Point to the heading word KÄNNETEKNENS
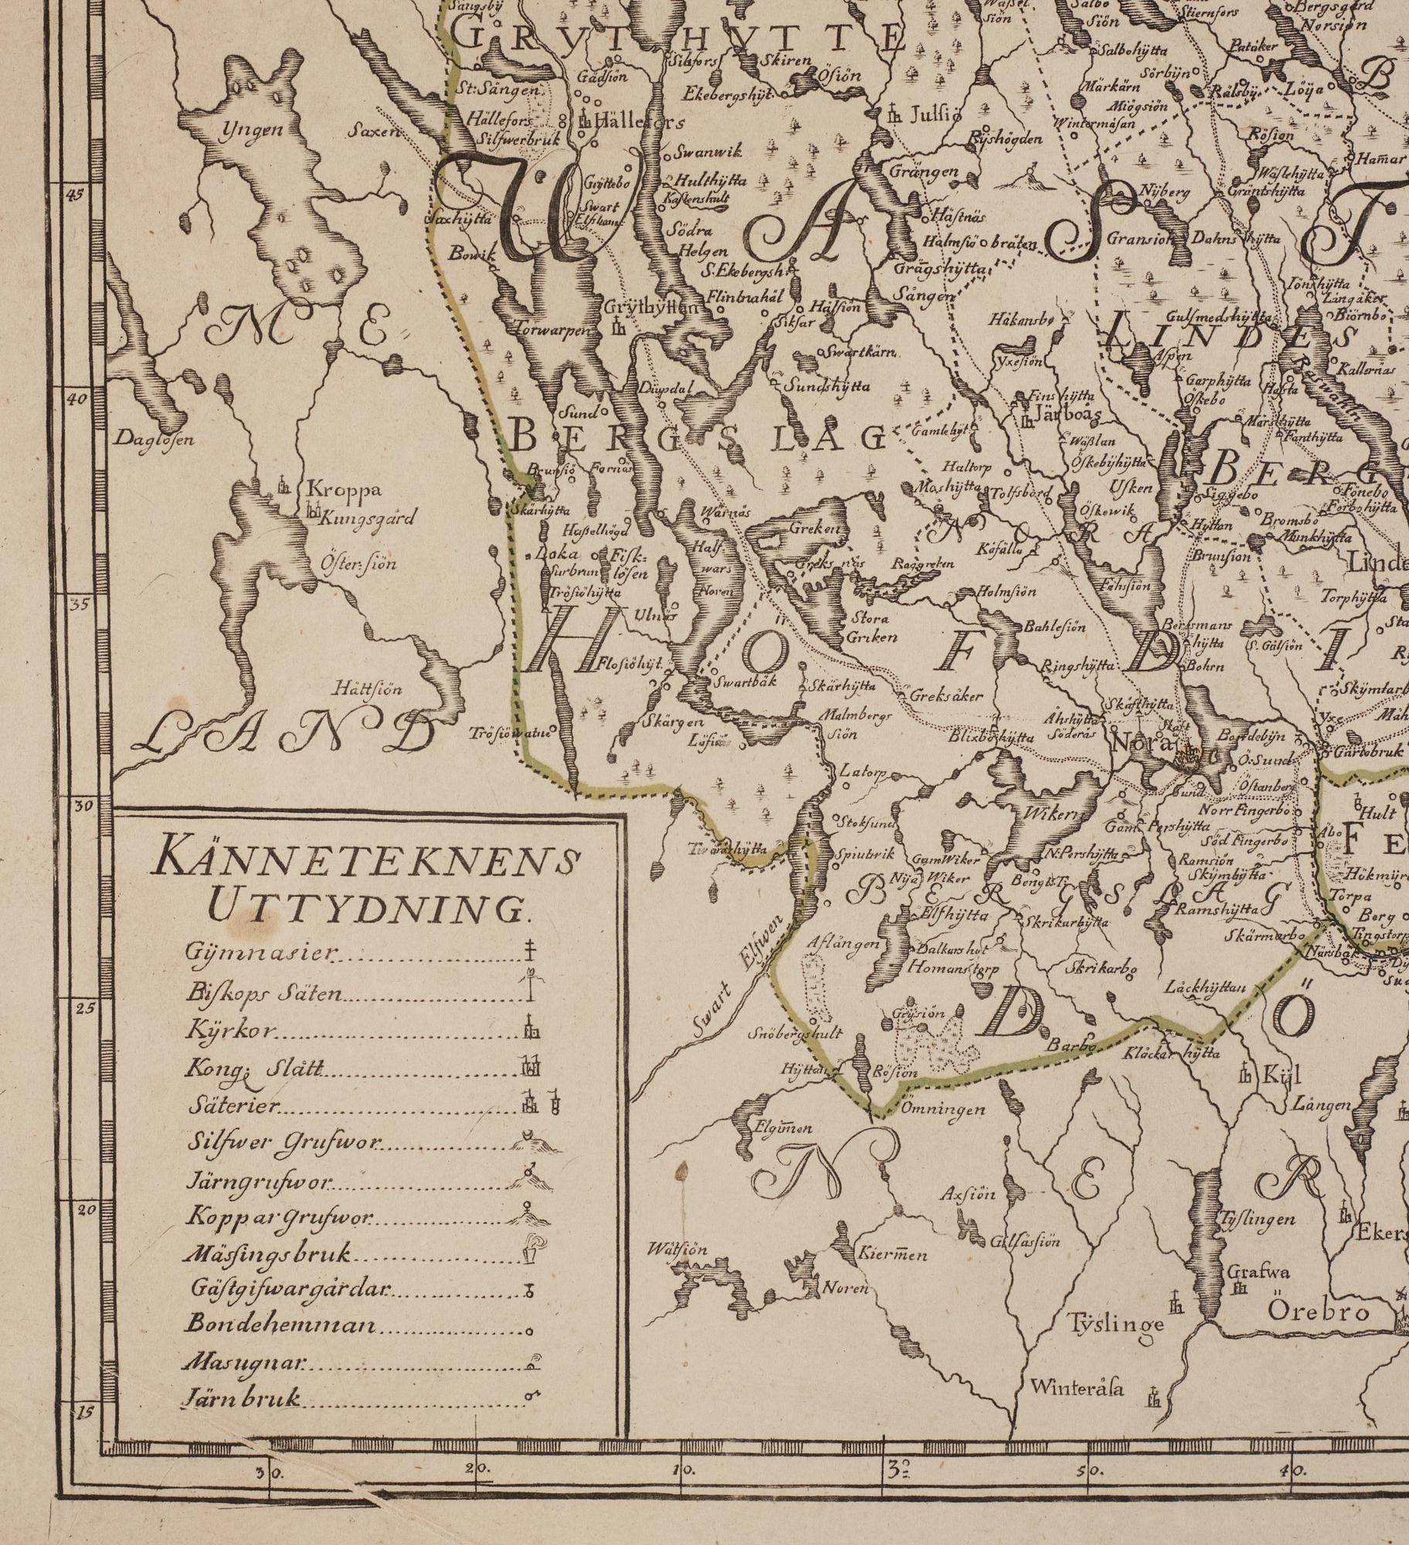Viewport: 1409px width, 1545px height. coord(368,861)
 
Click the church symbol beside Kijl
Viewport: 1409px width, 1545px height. coord(1245,1072)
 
